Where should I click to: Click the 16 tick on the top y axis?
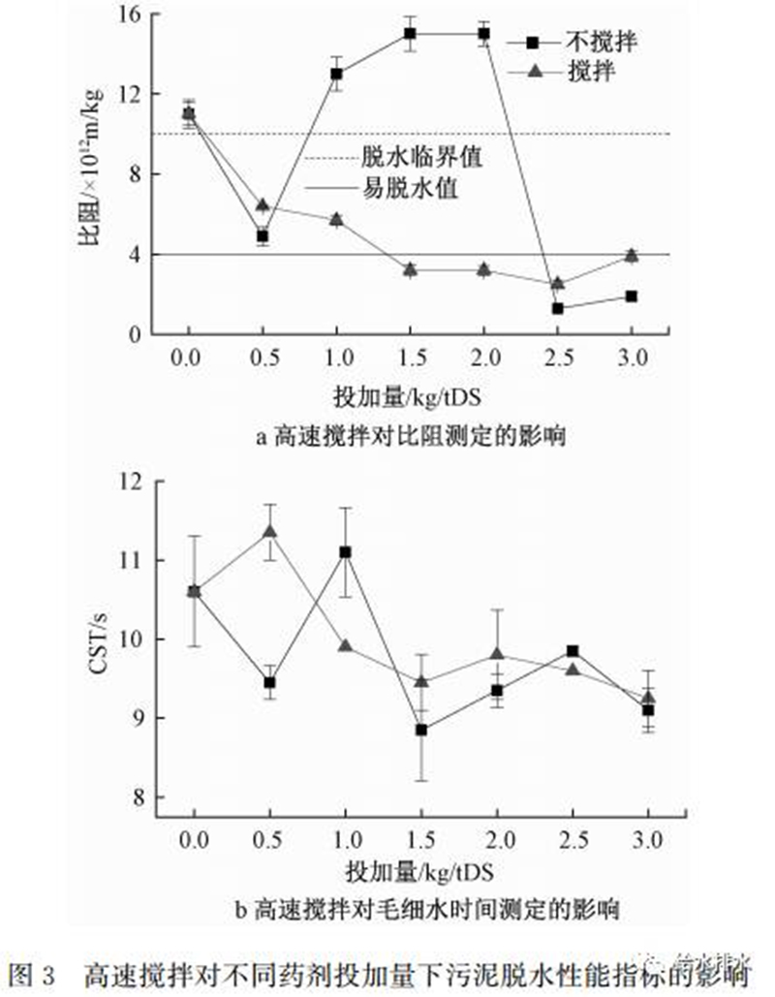point(130,16)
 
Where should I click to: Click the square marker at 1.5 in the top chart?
point(410,34)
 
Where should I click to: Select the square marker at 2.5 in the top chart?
point(558,308)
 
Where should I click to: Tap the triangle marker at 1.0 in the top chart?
point(336,220)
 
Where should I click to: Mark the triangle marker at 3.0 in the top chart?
point(632,256)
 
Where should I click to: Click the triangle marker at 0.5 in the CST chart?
point(270,531)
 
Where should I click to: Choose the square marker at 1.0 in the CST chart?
point(345,551)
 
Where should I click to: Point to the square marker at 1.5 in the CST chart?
point(421,730)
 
